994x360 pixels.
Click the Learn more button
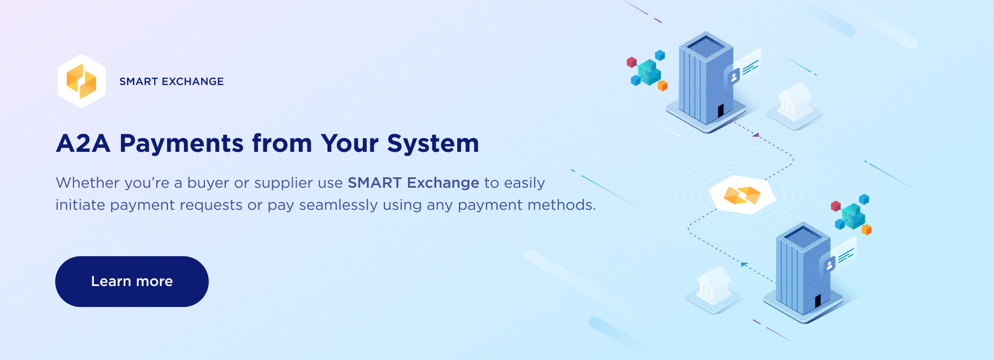(x=132, y=282)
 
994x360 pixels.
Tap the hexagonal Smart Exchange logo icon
(x=82, y=81)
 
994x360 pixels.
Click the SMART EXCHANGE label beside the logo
(x=172, y=82)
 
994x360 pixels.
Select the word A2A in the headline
(x=83, y=144)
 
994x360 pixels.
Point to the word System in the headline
(x=433, y=144)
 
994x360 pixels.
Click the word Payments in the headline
(x=182, y=144)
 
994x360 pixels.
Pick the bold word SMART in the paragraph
(x=374, y=183)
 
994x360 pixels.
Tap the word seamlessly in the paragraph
(x=339, y=205)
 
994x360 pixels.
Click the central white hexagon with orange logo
(x=742, y=195)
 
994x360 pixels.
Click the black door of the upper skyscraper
(x=721, y=110)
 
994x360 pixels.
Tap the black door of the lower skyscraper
(x=818, y=301)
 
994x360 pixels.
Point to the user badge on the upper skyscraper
(x=734, y=77)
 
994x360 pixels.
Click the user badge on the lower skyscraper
(x=829, y=266)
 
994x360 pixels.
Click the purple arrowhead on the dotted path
(x=756, y=135)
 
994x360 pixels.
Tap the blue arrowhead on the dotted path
(x=744, y=264)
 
